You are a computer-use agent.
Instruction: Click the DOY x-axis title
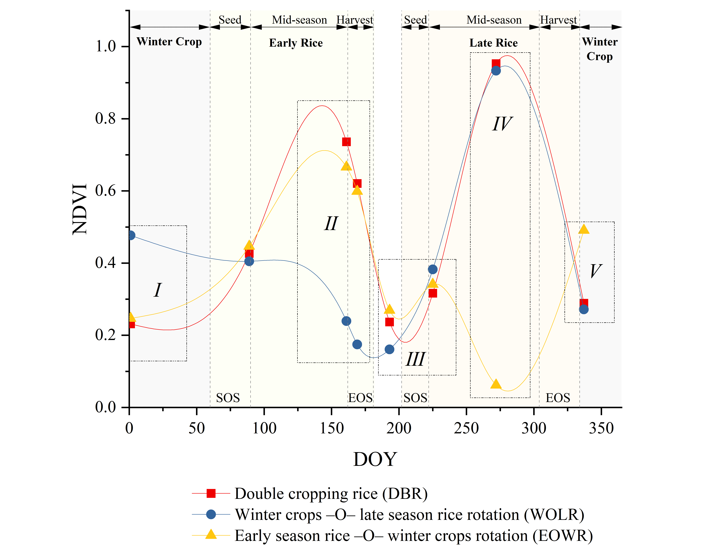coord(375,459)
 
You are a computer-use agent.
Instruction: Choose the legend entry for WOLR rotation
coord(388,514)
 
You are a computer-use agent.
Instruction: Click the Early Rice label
coord(296,43)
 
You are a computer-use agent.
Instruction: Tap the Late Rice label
coord(493,43)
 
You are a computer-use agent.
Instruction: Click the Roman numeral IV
coord(502,124)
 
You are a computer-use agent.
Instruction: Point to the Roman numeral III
coord(415,359)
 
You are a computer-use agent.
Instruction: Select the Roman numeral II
coord(331,224)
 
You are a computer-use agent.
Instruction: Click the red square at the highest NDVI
coord(496,64)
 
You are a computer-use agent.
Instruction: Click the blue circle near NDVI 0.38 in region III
coord(433,269)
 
